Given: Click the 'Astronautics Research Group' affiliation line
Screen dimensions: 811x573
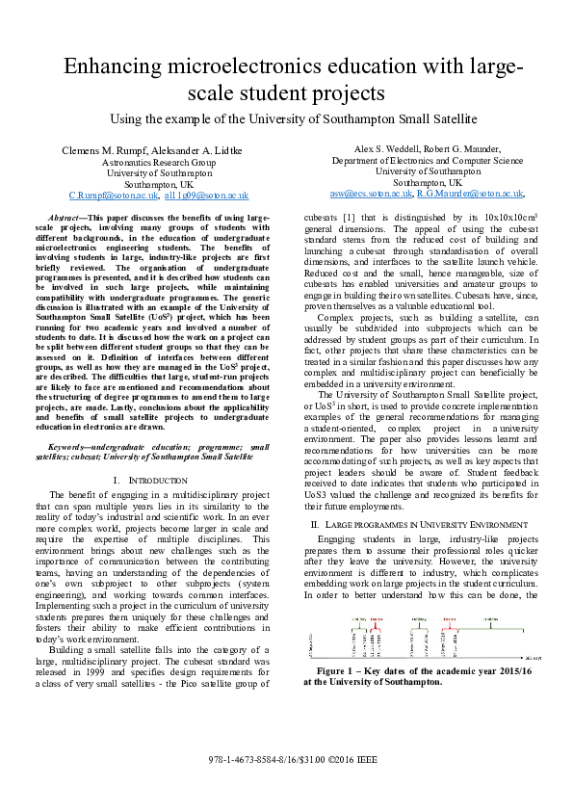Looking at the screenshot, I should tap(159, 163).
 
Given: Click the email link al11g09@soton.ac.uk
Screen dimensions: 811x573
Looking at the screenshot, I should tap(206, 195).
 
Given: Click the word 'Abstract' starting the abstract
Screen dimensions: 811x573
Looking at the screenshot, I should tap(68, 221).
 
